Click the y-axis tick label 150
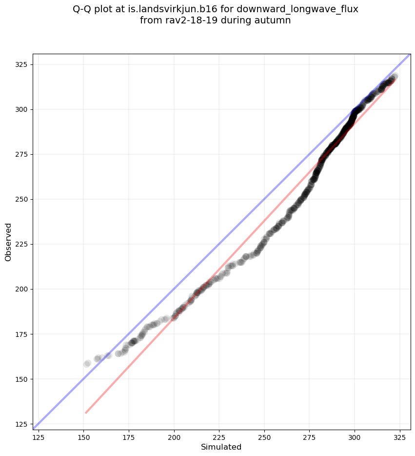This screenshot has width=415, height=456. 23,379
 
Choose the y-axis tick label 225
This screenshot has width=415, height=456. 23,244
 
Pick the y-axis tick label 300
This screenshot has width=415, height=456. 23,109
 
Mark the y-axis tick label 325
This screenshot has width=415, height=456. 23,64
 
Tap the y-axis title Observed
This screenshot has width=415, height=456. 8,242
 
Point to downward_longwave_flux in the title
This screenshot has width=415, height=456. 297,9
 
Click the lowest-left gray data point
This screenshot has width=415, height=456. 87,364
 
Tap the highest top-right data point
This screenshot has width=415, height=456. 394,77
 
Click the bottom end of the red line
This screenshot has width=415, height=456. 86,413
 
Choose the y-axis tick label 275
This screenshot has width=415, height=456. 23,154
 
